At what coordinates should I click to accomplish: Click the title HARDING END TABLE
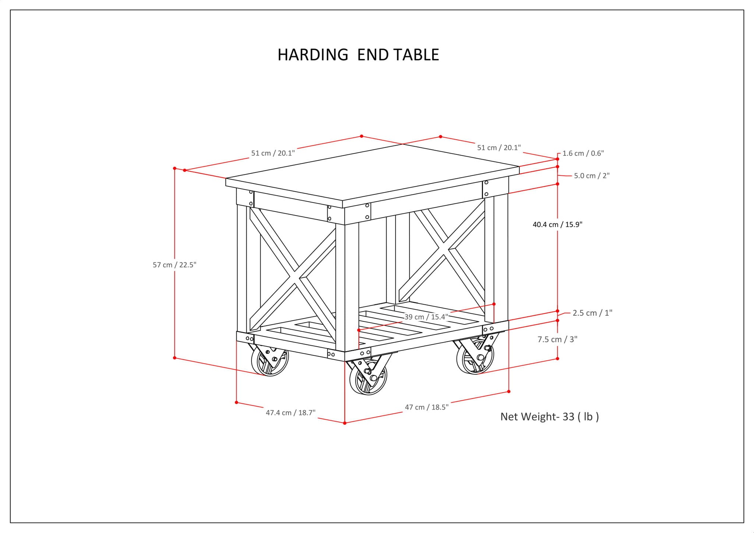[358, 55]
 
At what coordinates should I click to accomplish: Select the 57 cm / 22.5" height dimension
[175, 265]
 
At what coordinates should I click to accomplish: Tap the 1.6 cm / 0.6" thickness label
[583, 153]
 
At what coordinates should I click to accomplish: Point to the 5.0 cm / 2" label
[592, 176]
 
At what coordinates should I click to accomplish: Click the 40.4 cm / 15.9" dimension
[557, 224]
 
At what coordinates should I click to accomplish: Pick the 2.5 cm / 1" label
[592, 313]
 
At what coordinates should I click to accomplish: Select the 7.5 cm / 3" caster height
[557, 339]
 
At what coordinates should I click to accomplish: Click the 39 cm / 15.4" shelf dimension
[426, 317]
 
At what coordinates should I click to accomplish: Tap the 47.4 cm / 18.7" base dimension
[290, 413]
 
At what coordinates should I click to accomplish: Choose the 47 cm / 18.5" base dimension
[426, 407]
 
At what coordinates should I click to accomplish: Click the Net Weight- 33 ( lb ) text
[549, 417]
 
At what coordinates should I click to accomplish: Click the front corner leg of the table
[347, 287]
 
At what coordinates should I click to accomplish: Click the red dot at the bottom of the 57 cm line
[175, 358]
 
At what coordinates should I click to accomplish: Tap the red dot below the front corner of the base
[345, 423]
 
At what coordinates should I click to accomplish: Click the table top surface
[372, 173]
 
